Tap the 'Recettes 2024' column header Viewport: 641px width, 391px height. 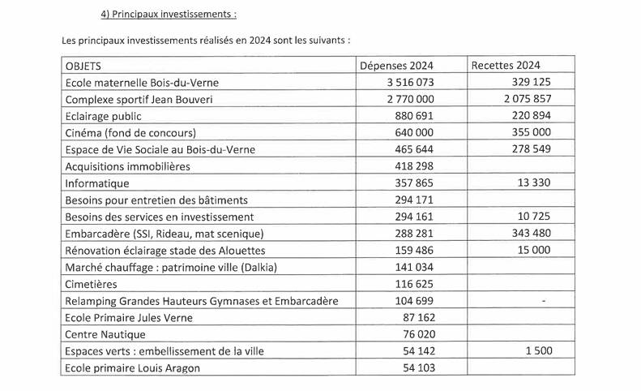pyautogui.click(x=506, y=65)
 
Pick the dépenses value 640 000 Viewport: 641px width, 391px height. pyautogui.click(x=416, y=132)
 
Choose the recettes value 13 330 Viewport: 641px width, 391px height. pyautogui.click(x=534, y=183)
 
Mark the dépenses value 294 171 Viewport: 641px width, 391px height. pyautogui.click(x=416, y=200)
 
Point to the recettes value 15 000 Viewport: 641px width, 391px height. pyautogui.click(x=534, y=250)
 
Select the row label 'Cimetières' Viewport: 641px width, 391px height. pyautogui.click(x=91, y=284)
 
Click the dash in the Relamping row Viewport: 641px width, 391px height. pyautogui.click(x=542, y=301)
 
